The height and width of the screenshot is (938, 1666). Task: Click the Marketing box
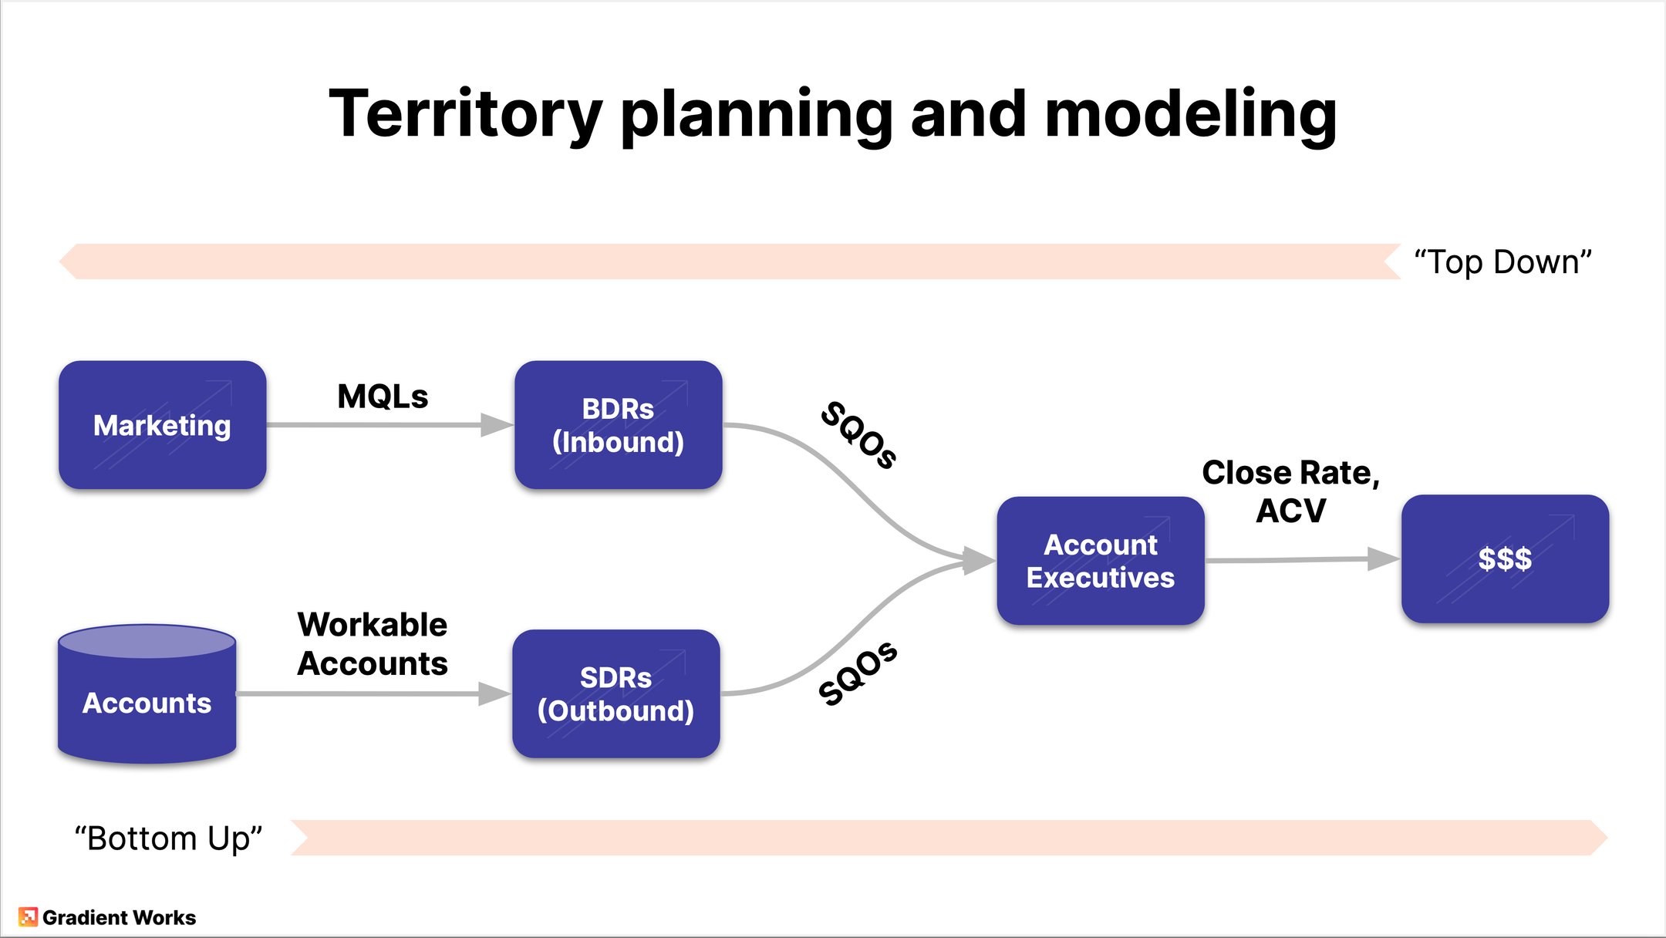point(162,425)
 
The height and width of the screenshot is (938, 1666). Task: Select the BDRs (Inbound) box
point(618,425)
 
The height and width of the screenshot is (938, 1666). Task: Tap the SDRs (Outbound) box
point(615,693)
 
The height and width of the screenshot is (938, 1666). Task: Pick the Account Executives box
point(1100,561)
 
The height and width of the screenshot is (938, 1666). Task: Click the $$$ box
point(1505,558)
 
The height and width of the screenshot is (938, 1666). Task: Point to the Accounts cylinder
point(147,698)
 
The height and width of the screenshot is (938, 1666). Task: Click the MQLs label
point(383,396)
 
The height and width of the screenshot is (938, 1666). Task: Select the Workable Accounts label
point(373,644)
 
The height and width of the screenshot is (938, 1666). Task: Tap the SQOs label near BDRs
point(858,435)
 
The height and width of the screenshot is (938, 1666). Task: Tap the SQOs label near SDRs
point(858,673)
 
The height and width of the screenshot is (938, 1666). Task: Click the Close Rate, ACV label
point(1290,491)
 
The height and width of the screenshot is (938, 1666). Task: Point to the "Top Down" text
point(1502,262)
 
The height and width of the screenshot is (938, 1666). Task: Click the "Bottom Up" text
point(168,838)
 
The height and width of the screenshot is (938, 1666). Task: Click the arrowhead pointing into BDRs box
point(496,425)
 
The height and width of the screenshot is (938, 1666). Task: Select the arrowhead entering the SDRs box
point(494,693)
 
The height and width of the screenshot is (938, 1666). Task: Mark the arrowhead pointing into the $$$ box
point(1382,558)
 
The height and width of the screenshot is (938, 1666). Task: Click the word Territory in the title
point(465,114)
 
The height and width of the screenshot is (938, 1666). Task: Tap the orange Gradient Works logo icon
point(28,916)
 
